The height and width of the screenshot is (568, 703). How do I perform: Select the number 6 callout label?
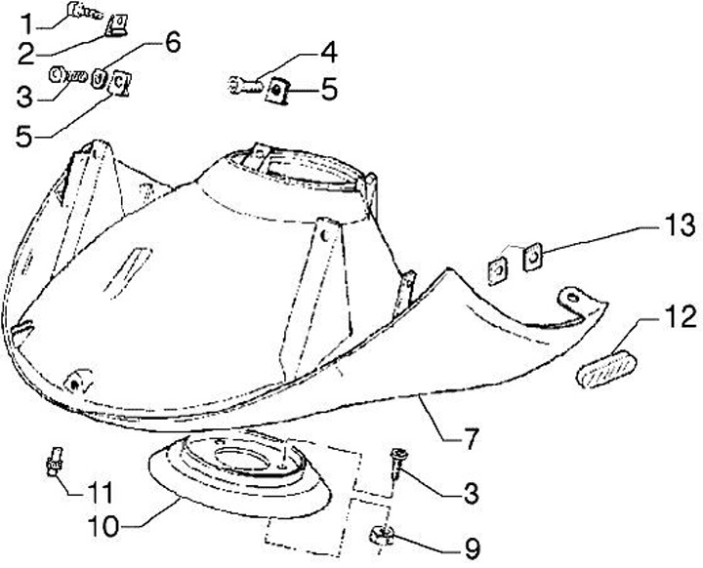172,42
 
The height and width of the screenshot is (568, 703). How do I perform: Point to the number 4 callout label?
328,52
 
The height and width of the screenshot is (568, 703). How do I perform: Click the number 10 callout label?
104,526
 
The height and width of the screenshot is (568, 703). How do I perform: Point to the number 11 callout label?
103,490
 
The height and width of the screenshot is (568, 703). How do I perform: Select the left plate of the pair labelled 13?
498,265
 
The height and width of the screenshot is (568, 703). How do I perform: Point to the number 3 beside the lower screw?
472,493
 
